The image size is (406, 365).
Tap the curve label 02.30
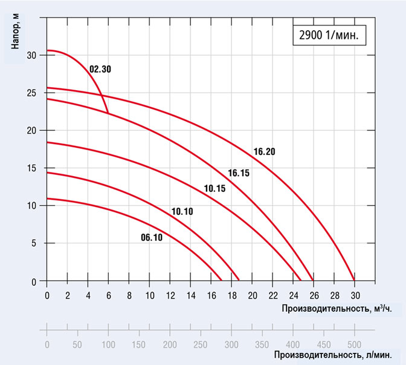click(100, 69)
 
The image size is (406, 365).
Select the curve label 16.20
click(265, 151)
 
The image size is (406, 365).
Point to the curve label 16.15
click(239, 173)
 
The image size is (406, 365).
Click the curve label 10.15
click(214, 189)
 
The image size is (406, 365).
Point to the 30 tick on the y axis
click(33, 55)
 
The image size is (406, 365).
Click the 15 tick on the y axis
click(33, 168)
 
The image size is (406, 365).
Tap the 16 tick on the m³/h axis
click(211, 295)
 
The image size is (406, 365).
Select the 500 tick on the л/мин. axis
click(354, 344)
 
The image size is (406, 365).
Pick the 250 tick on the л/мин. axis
click(201, 344)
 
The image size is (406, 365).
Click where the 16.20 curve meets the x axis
click(354, 281)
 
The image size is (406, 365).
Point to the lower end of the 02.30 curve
click(109, 113)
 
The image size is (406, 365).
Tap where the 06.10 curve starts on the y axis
click(47, 199)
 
